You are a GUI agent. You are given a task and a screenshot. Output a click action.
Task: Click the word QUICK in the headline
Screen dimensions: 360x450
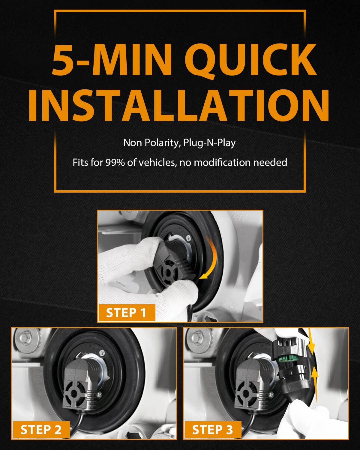(x=250, y=60)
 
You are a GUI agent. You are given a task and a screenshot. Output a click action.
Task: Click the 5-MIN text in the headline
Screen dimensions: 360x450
(x=112, y=59)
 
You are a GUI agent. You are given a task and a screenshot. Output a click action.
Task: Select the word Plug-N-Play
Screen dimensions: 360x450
(x=209, y=143)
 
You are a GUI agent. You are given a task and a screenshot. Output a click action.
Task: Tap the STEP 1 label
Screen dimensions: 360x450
(x=127, y=312)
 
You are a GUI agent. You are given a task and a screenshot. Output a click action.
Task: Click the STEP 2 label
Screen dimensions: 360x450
(x=41, y=430)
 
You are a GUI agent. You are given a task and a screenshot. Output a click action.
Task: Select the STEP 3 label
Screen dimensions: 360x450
(x=213, y=430)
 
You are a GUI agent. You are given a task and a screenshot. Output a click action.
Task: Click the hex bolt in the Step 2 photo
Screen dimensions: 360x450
(x=26, y=337)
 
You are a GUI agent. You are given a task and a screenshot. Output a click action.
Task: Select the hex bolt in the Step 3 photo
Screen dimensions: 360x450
(x=197, y=337)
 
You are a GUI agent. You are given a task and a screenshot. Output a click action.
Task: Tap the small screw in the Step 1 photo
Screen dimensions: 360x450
(x=189, y=237)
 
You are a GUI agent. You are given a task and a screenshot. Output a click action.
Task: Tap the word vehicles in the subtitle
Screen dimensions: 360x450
(x=157, y=162)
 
